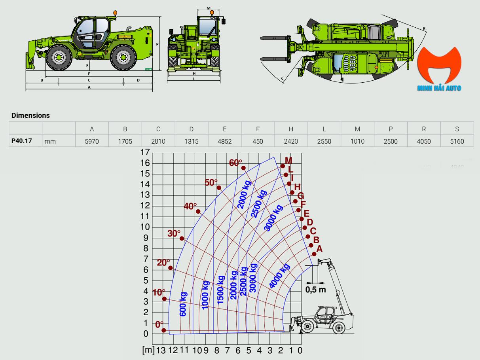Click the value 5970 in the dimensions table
[x=92, y=141]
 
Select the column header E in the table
[x=225, y=129]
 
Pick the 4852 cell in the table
[x=225, y=141]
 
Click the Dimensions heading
[x=30, y=116]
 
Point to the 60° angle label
[x=235, y=163]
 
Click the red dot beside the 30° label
[x=182, y=238]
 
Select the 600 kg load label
[x=183, y=304]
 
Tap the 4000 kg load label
[x=280, y=276]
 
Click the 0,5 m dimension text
[x=315, y=290]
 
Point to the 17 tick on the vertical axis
[x=145, y=152]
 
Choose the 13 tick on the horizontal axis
[x=161, y=350]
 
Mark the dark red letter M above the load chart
[x=288, y=160]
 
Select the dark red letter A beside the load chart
[x=319, y=249]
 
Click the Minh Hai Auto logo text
[x=439, y=88]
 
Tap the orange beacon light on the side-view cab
[x=115, y=13]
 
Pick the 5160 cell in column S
[x=457, y=141]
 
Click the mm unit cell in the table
[x=50, y=141]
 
